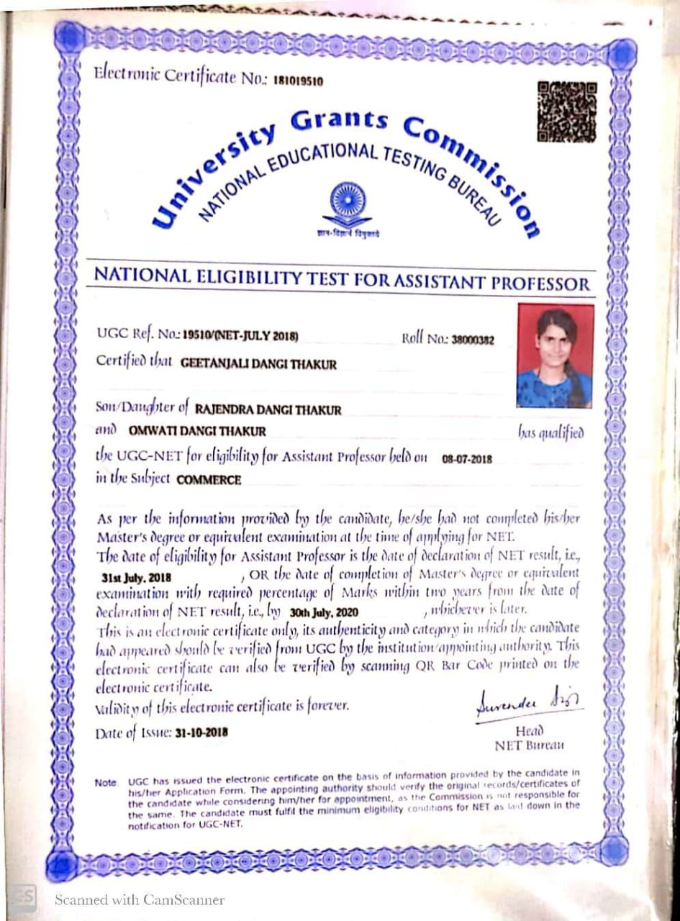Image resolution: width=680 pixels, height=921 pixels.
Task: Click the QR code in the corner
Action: click(567, 112)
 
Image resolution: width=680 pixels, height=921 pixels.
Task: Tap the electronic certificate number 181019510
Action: click(298, 81)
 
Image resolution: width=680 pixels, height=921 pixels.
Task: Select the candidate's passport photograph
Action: click(555, 355)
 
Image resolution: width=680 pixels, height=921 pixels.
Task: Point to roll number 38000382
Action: click(472, 340)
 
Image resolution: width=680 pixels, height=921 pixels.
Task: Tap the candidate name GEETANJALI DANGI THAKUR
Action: click(258, 364)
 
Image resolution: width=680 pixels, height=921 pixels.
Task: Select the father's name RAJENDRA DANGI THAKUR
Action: click(268, 410)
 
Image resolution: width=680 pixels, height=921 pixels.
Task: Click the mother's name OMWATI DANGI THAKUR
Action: click(197, 432)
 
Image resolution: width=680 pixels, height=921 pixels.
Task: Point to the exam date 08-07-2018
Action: click(467, 459)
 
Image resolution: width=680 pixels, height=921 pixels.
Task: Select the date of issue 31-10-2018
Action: click(201, 733)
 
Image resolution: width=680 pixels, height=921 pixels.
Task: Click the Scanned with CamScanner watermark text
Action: click(140, 899)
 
